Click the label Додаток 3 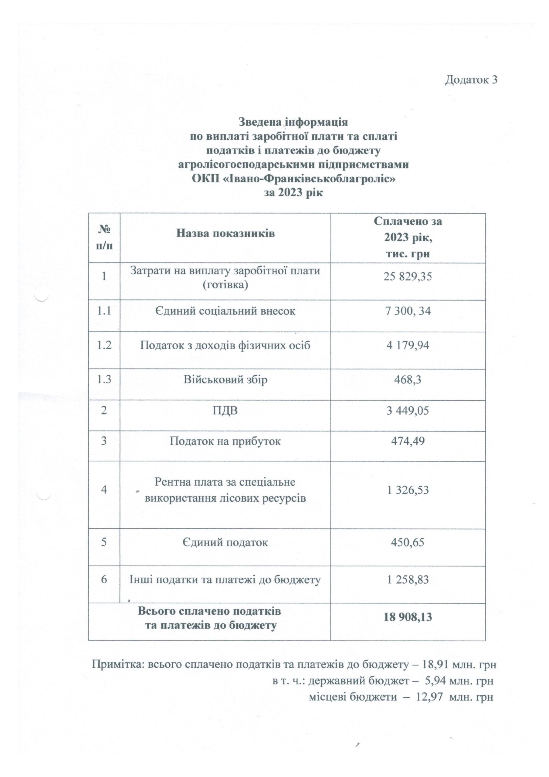coord(471,80)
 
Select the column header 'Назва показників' coord(225,233)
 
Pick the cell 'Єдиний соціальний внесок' coord(225,311)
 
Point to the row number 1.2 coord(104,345)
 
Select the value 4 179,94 coord(408,345)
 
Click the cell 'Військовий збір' coord(225,379)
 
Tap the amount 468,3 coord(408,379)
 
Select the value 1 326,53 coord(408,490)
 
